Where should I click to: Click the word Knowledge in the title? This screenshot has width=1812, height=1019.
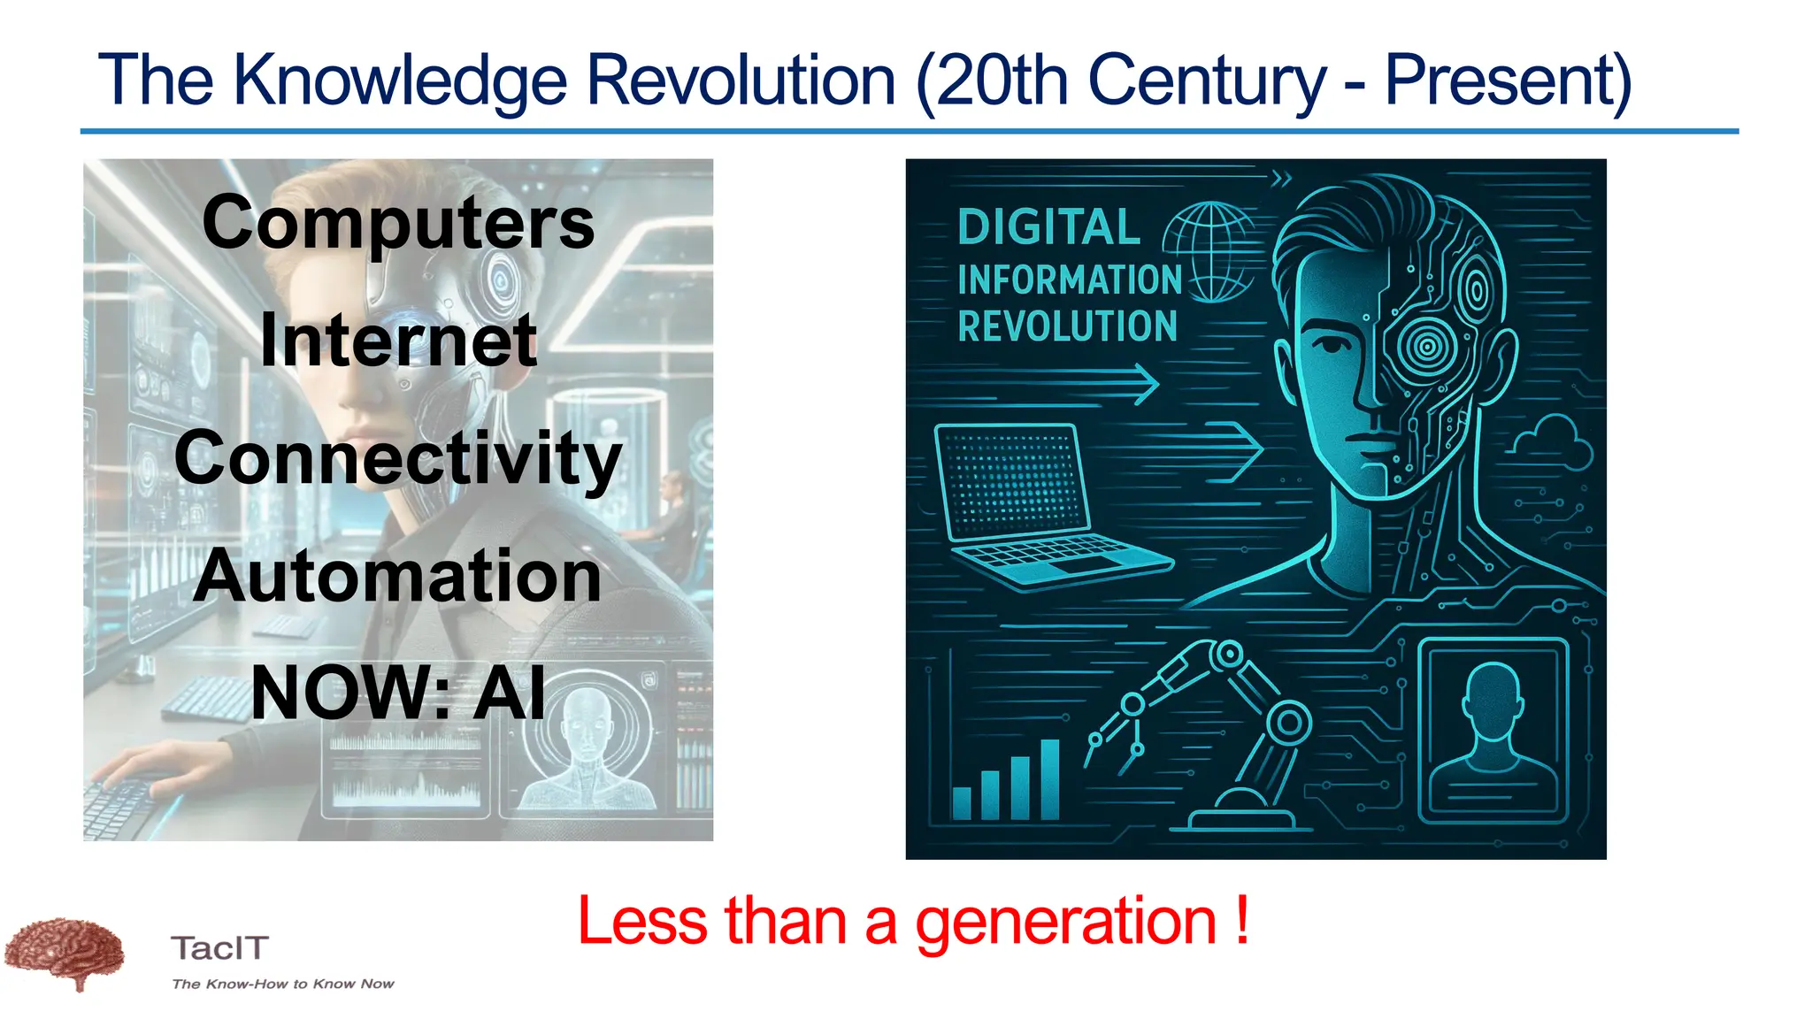tap(399, 81)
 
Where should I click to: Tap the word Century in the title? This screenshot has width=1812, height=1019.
tap(1207, 81)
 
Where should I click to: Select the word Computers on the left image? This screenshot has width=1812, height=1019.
tap(398, 223)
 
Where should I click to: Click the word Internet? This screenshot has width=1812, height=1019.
tap(398, 341)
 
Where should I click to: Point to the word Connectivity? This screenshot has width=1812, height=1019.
tap(398, 458)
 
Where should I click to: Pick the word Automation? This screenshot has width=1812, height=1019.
tap(398, 576)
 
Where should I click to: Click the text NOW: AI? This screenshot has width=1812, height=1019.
tap(398, 693)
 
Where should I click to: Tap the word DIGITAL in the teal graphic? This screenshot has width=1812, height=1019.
tap(1049, 227)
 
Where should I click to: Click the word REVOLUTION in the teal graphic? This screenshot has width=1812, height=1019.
tap(1068, 326)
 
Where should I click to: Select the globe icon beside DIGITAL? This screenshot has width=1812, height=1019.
tap(1208, 251)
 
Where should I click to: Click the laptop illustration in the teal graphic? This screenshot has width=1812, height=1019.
tap(1044, 504)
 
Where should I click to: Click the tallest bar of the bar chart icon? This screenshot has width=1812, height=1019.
tap(1049, 779)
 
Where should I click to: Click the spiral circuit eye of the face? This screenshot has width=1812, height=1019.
tap(1426, 346)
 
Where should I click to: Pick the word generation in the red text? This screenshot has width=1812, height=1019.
tap(1066, 922)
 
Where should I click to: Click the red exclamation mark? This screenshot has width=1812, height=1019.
tap(1242, 920)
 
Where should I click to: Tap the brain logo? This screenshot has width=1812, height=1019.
tap(64, 954)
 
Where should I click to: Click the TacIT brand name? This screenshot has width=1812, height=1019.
tap(219, 948)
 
